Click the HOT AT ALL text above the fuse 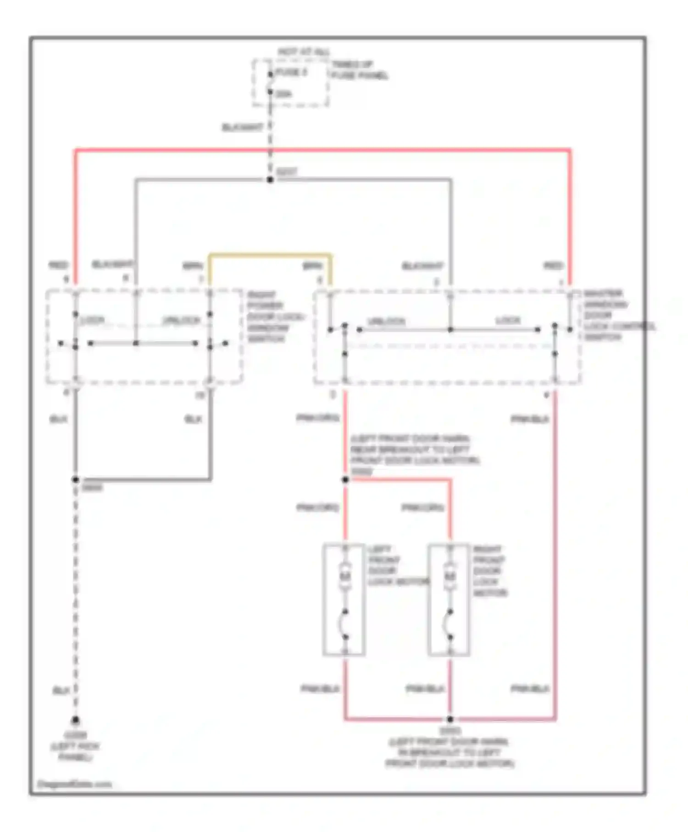click(x=304, y=52)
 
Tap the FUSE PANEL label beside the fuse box click(x=360, y=70)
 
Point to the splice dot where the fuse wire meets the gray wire click(x=270, y=179)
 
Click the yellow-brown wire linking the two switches click(x=270, y=254)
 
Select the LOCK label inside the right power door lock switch click(x=92, y=320)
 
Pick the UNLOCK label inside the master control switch click(x=386, y=321)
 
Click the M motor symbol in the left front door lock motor click(x=345, y=576)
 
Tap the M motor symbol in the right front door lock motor click(x=450, y=576)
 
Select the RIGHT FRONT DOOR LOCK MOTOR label click(x=489, y=571)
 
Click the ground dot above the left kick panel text click(x=76, y=720)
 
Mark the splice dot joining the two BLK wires click(x=76, y=480)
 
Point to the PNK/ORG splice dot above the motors click(x=345, y=480)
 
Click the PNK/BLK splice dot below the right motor click(x=450, y=719)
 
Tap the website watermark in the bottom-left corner click(x=74, y=784)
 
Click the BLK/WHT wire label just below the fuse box click(x=243, y=127)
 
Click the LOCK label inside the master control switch click(x=508, y=320)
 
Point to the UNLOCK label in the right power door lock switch click(x=182, y=320)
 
